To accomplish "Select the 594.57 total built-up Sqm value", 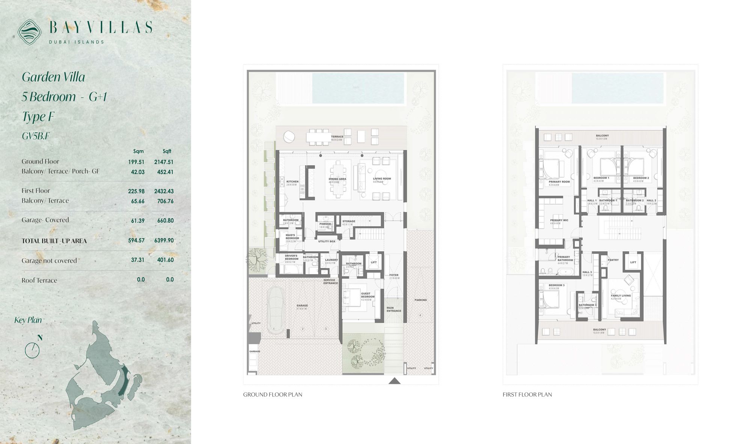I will click(x=136, y=240).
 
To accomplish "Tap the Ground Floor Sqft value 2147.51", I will click(x=164, y=162).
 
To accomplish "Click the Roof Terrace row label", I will click(x=39, y=280).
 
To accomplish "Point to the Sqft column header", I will click(x=167, y=151).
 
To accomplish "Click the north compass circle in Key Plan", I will click(x=32, y=350).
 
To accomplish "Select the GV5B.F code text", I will click(x=36, y=136).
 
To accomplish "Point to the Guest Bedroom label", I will click(x=366, y=295).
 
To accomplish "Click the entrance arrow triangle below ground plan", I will click(x=394, y=381).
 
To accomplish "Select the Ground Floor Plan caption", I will click(x=273, y=394).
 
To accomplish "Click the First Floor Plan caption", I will click(x=527, y=394).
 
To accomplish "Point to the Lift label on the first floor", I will click(x=633, y=262).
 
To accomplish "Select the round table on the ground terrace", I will click(x=289, y=136).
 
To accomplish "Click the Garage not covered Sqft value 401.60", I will click(x=165, y=260).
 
